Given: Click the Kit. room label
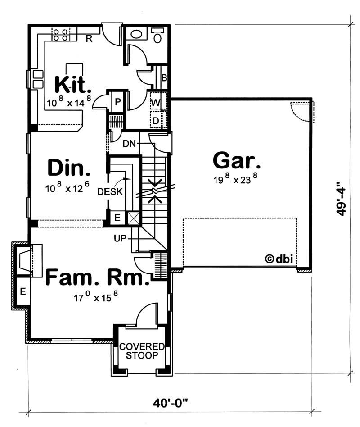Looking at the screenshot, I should point(73,84).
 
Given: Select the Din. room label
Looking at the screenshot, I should point(69,168).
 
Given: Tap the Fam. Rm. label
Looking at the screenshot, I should point(97,278).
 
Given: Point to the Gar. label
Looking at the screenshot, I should point(237,161).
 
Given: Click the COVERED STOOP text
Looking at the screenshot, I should point(142,351).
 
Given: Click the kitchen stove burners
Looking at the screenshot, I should point(62,35).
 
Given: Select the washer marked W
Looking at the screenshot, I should point(155,103).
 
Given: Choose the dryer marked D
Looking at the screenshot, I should point(156,120).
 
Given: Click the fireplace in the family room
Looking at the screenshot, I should point(26,259).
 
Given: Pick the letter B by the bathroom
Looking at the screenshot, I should point(164,78).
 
